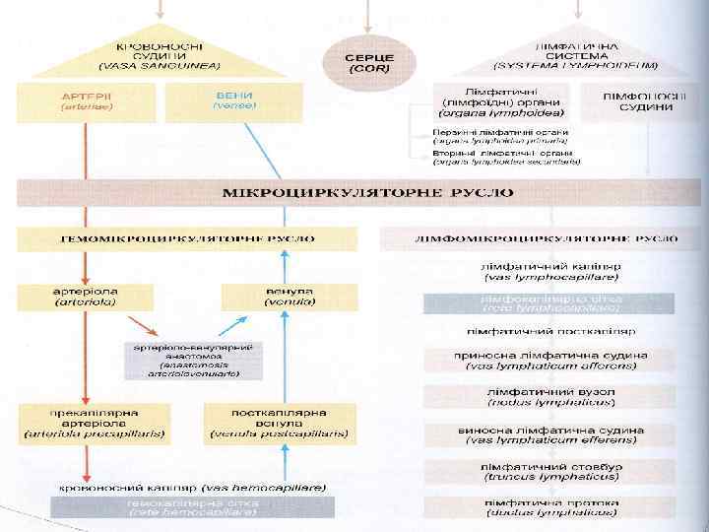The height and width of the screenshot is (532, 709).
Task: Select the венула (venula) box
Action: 262,297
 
